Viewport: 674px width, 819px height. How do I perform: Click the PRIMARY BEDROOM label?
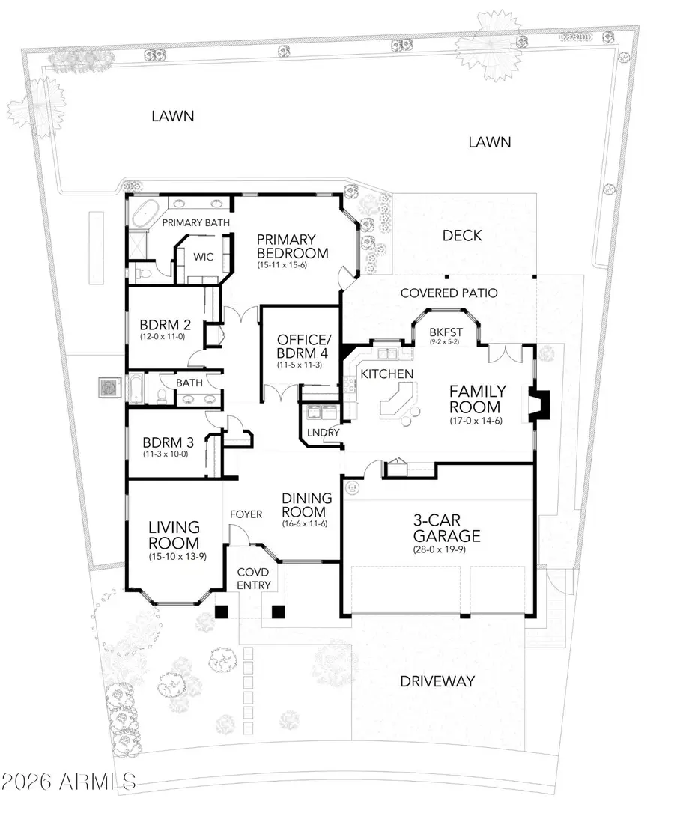[x=292, y=246]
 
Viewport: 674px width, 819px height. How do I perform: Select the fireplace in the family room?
[x=541, y=404]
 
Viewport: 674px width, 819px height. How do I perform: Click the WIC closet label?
[x=203, y=257]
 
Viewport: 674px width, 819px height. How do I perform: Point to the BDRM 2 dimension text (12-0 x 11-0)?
[x=166, y=337]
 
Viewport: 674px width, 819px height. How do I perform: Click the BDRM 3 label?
[x=166, y=440]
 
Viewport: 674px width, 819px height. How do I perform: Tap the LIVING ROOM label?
[x=173, y=535]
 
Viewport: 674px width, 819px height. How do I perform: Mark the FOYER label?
[x=246, y=514]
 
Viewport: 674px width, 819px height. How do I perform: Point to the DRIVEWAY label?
[x=437, y=681]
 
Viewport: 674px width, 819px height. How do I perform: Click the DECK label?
[x=462, y=235]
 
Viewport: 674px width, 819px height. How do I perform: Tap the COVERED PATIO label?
[x=449, y=293]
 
